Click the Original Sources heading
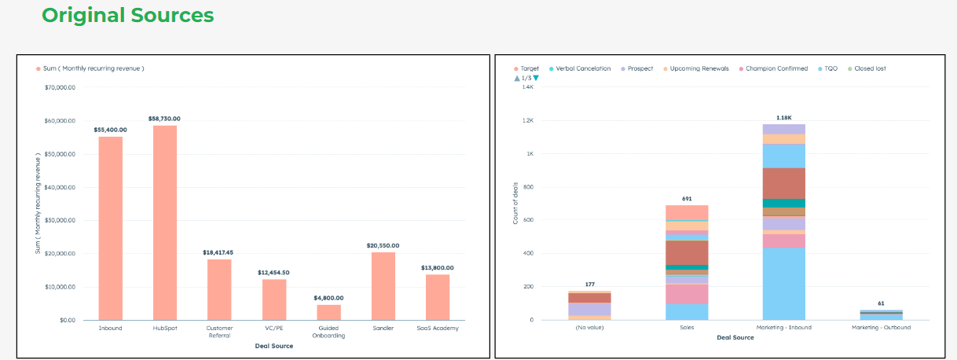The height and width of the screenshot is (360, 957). pos(127,15)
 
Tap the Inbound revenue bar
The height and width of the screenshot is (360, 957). pos(110,228)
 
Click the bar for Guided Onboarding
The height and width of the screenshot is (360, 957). pos(328,312)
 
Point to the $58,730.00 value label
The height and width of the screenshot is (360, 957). pos(165,119)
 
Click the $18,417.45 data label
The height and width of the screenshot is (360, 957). pos(219,252)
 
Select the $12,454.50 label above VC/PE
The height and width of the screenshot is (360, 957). pos(274,272)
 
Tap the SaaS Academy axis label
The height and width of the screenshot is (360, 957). pos(438,328)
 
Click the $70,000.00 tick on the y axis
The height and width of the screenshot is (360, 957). pos(60,87)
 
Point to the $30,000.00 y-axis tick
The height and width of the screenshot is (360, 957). pos(60,220)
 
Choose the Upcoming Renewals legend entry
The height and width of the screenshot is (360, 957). pos(702,68)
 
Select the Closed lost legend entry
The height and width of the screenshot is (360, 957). pos(870,68)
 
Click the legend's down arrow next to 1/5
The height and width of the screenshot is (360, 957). pos(536,78)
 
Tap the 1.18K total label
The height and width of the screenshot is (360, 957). pos(783,117)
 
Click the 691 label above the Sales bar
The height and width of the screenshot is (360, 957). pos(687,199)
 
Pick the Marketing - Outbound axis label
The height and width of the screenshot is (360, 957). pos(881,328)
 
